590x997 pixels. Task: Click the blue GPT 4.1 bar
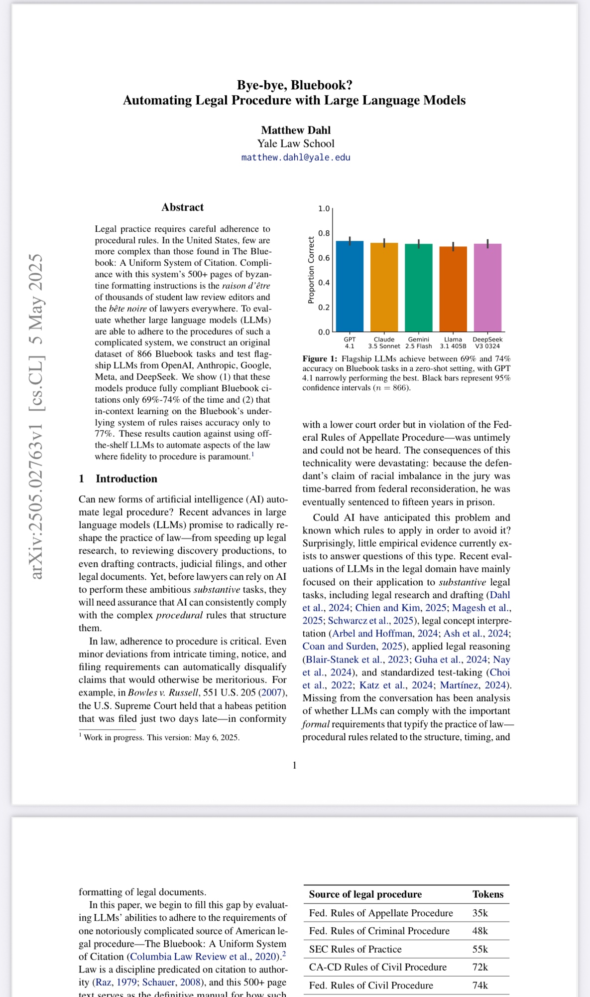coord(350,287)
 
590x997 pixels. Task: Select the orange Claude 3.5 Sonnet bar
coord(384,288)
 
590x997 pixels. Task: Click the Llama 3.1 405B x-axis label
coord(453,342)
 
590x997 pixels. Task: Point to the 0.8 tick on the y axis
coord(324,233)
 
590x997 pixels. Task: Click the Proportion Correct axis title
coord(311,270)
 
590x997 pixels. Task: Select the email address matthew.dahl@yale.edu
coord(296,158)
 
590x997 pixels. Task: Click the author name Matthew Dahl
coord(296,130)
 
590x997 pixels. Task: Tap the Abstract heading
coord(182,207)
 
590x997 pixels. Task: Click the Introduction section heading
coord(126,479)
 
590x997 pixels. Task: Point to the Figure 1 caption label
coord(319,359)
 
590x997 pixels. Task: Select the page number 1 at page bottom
coord(294,765)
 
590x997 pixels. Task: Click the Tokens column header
coord(488,894)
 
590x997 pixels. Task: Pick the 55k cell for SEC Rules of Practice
coord(480,949)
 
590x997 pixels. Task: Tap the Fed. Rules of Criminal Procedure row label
coord(379,931)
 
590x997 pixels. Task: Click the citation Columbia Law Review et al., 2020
coord(204,957)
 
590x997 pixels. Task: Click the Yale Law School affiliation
coord(296,144)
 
